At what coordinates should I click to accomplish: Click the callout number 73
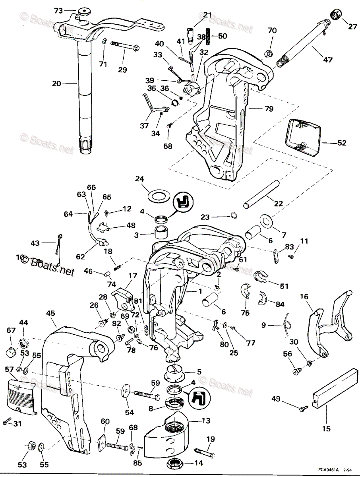tap(58, 11)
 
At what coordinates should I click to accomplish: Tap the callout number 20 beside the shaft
tap(57, 84)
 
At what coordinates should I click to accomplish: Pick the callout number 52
tap(341, 143)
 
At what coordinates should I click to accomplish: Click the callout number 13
tap(206, 421)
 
